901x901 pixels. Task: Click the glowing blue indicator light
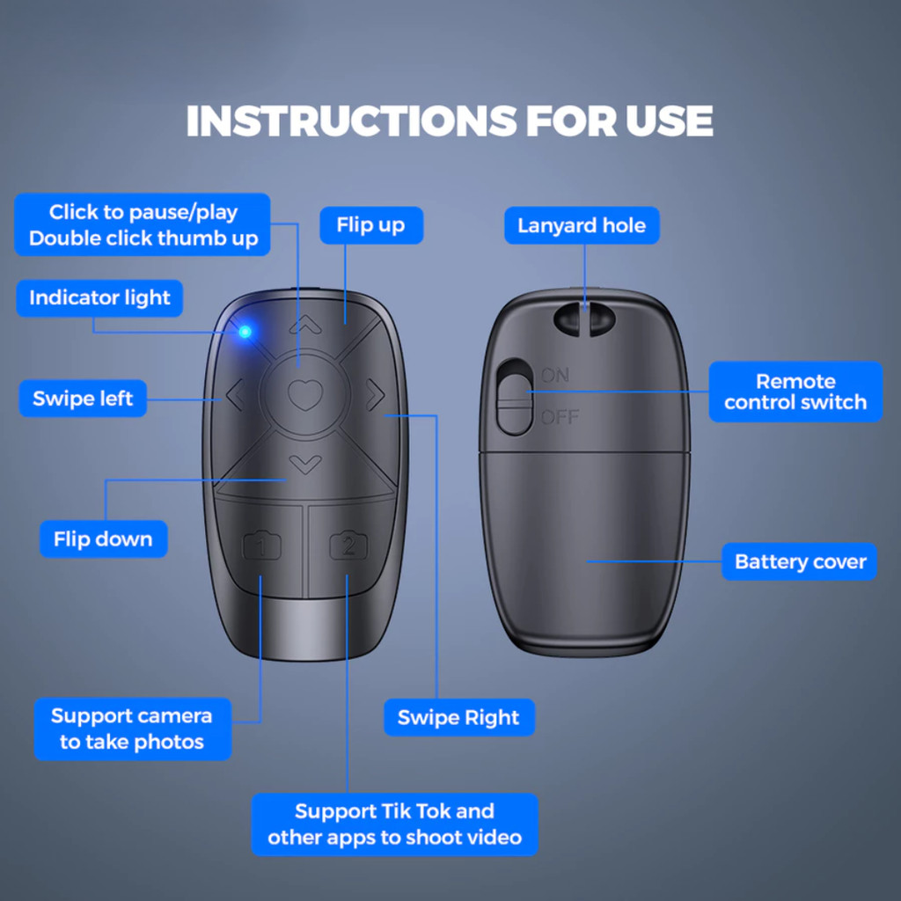(x=245, y=332)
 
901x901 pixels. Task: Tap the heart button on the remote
(x=304, y=394)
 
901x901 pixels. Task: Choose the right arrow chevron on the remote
(x=375, y=394)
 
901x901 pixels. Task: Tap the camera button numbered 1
(x=261, y=546)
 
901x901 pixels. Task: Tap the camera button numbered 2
(x=348, y=546)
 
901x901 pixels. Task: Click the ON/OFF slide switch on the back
(x=514, y=397)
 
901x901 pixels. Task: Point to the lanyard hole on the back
(x=584, y=319)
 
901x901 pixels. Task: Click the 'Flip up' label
(x=371, y=225)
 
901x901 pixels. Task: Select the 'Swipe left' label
(x=83, y=399)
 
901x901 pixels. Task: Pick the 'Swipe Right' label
(x=459, y=717)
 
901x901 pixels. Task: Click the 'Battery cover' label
(x=799, y=561)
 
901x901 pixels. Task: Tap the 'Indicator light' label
(x=99, y=298)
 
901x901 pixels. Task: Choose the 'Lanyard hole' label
(x=582, y=225)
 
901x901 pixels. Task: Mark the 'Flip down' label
(x=104, y=539)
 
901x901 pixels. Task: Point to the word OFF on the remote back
(x=560, y=417)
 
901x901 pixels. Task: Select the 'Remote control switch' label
(x=795, y=392)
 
